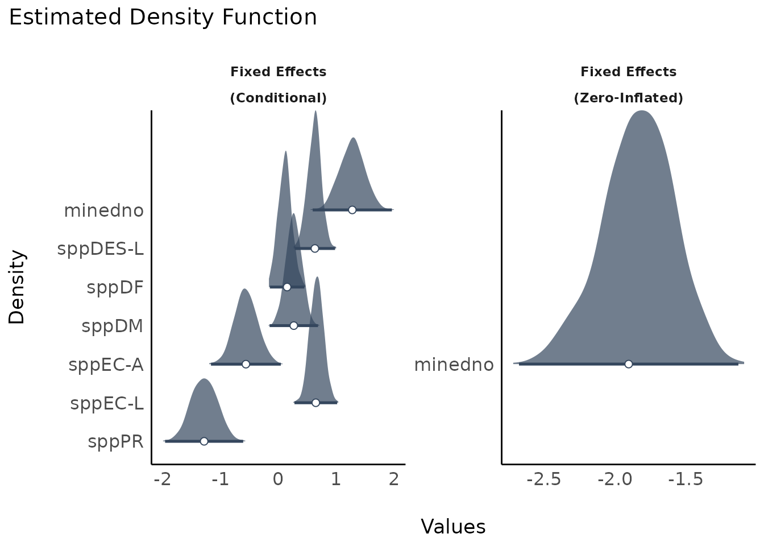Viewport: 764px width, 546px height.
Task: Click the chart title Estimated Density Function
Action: pyautogui.click(x=163, y=18)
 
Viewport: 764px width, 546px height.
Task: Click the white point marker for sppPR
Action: pyautogui.click(x=204, y=441)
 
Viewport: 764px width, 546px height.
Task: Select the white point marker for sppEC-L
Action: pyautogui.click(x=315, y=403)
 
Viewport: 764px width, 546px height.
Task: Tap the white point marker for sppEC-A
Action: pyautogui.click(x=246, y=364)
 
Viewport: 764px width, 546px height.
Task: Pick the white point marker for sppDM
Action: pyautogui.click(x=293, y=325)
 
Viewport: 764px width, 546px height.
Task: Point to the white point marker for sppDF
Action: pyautogui.click(x=287, y=287)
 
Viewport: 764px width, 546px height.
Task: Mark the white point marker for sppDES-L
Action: pyautogui.click(x=315, y=249)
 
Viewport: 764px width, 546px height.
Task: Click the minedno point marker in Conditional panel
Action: pyautogui.click(x=352, y=210)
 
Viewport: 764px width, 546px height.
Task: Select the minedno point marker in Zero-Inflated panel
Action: pyautogui.click(x=628, y=364)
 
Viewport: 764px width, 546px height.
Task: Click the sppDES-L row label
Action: pyautogui.click(x=101, y=249)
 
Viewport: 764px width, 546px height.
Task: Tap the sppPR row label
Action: pyautogui.click(x=115, y=442)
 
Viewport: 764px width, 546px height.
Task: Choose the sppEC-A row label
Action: pyautogui.click(x=106, y=365)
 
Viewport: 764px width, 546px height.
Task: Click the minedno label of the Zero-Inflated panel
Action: pyautogui.click(x=454, y=365)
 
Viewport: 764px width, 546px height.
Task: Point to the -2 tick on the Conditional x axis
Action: pyautogui.click(x=163, y=480)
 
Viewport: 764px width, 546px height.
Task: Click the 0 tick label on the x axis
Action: pyautogui.click(x=278, y=480)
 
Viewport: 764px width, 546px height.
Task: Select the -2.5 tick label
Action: pyautogui.click(x=544, y=480)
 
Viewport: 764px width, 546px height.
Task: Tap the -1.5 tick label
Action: pyautogui.click(x=686, y=480)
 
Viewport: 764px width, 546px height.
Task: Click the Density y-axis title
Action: pyautogui.click(x=17, y=287)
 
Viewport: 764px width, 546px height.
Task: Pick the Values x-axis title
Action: pyautogui.click(x=453, y=527)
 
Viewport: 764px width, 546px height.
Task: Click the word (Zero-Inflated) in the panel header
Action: pyautogui.click(x=628, y=98)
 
